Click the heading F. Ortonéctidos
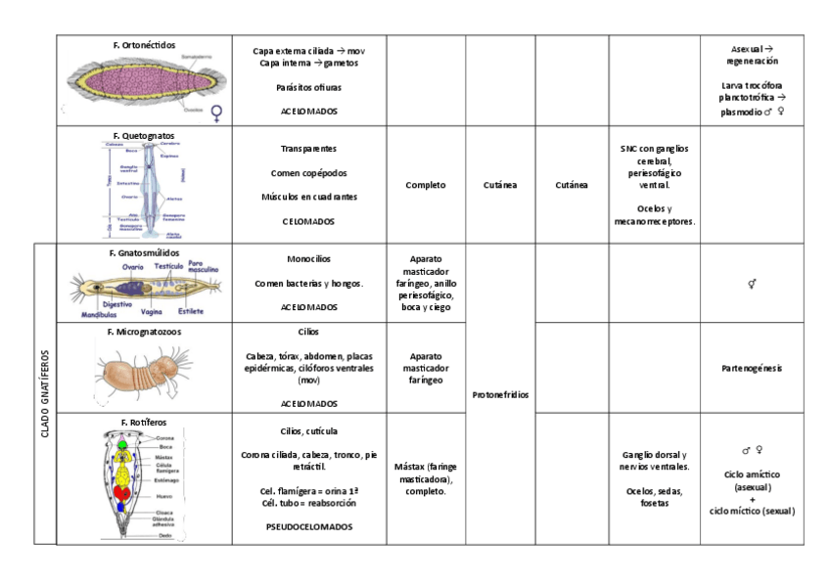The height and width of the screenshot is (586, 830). tap(144, 45)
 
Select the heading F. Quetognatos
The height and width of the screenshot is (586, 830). tap(144, 135)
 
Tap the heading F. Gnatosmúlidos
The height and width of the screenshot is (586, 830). tap(144, 252)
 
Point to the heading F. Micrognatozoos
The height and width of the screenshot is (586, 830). tap(144, 332)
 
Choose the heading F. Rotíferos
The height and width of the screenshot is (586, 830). tap(144, 422)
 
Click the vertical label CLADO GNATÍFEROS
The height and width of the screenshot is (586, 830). tap(45, 393)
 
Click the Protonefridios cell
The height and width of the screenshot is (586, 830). tap(500, 394)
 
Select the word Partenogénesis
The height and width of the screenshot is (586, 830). tap(752, 368)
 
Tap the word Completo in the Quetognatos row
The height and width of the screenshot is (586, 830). tap(426, 184)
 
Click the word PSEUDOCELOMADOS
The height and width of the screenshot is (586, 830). tap(308, 526)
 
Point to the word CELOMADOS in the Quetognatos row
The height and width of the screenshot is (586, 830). tap(308, 221)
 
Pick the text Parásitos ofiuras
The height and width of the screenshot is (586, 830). tap(308, 87)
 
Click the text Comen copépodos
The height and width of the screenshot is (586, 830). tap(308, 173)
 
